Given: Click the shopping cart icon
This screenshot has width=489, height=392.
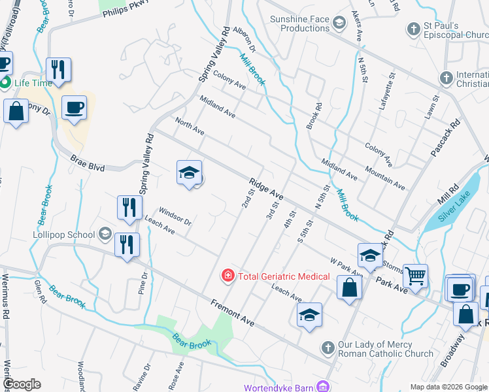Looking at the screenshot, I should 416,276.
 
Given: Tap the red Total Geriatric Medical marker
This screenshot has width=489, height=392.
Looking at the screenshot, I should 228,276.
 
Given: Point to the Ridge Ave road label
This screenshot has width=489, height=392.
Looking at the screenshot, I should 265,187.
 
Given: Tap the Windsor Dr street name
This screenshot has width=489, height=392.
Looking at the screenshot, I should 175,217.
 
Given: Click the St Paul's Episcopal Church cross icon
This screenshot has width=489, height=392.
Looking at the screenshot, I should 413,29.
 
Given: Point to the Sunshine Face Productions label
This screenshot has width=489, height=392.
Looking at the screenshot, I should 300,24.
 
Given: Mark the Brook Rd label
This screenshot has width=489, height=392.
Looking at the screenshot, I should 314,116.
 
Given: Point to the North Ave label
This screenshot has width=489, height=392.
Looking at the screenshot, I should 190,127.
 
